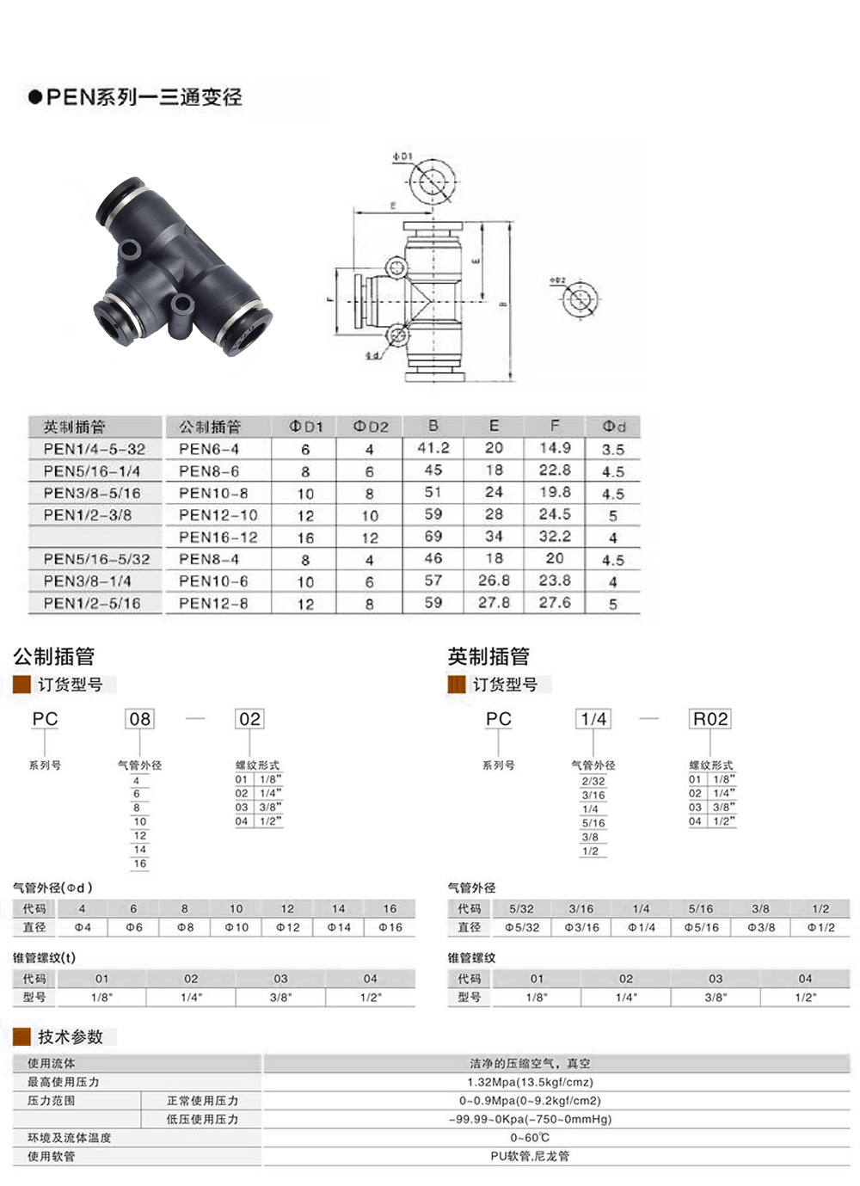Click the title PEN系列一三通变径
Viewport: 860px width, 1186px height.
143,96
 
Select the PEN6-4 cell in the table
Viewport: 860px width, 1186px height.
209,449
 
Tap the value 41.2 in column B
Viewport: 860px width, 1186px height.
433,448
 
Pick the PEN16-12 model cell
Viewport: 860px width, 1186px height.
218,538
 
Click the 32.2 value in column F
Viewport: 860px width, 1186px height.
555,537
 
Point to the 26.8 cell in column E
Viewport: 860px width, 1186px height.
494,581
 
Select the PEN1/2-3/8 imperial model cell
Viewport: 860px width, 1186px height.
88,515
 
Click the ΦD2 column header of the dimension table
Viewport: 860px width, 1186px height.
371,427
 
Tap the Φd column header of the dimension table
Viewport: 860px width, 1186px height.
613,427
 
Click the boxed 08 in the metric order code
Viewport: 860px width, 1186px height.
139,719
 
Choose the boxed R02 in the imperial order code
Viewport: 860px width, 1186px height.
710,719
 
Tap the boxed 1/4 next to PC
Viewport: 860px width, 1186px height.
593,719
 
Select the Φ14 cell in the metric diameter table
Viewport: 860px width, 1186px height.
339,928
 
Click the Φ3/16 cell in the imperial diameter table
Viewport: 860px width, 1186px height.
581,928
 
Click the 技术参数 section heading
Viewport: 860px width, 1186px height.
70,1036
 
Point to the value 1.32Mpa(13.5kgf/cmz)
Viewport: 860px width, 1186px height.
530,1082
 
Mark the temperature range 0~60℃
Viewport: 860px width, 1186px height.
530,1138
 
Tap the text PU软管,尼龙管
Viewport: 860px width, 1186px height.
530,1157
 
